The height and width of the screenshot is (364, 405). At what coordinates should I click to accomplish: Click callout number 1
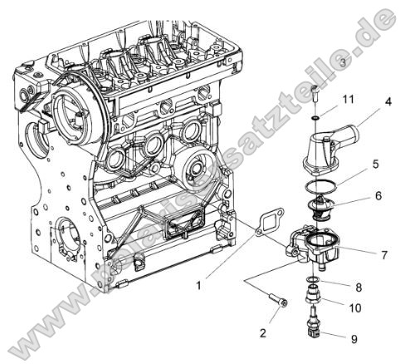point(200,285)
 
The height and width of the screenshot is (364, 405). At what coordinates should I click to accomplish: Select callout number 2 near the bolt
point(263,332)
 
